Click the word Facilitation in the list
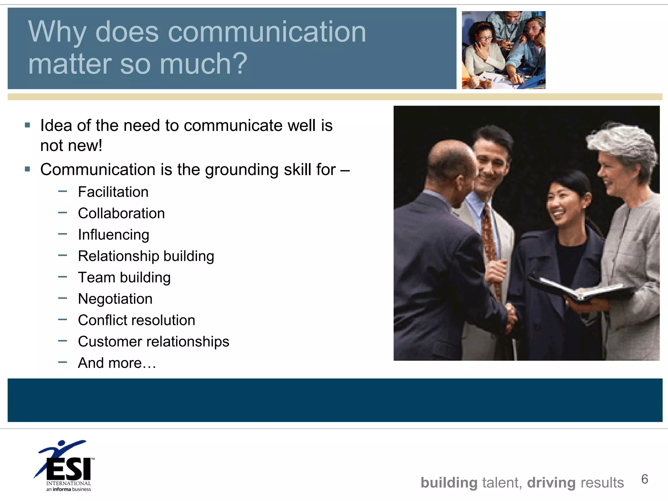(x=113, y=192)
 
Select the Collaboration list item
(x=121, y=213)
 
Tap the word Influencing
(x=114, y=235)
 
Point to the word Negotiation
(x=115, y=299)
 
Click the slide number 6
(x=645, y=479)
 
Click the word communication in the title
(x=267, y=32)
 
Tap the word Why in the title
(x=57, y=33)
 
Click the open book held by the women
(x=581, y=288)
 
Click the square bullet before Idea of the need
(x=27, y=125)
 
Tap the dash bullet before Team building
(x=62, y=277)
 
